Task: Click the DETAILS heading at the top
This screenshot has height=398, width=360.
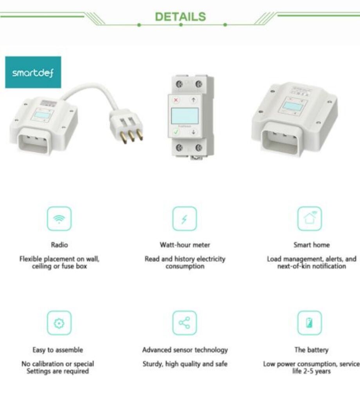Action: [180, 17]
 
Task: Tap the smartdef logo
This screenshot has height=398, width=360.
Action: [33, 72]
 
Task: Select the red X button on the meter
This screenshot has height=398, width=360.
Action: [176, 100]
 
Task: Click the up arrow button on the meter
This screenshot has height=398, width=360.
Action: [193, 100]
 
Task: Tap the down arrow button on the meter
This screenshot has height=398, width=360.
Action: [193, 132]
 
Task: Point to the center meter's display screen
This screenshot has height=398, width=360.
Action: [184, 116]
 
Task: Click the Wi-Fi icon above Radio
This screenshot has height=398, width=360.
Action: [59, 219]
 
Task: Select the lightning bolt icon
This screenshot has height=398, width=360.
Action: [184, 219]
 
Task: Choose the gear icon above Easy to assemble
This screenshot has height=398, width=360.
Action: [59, 323]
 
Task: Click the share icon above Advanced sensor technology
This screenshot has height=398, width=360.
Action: [184, 323]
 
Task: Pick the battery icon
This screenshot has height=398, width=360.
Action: [310, 323]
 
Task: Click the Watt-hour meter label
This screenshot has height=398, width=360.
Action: [185, 245]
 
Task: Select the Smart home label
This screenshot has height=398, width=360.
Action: [311, 245]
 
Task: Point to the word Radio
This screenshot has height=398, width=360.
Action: [59, 245]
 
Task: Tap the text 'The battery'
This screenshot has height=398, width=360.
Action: [311, 350]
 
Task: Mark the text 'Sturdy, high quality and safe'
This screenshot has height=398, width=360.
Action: [185, 364]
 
